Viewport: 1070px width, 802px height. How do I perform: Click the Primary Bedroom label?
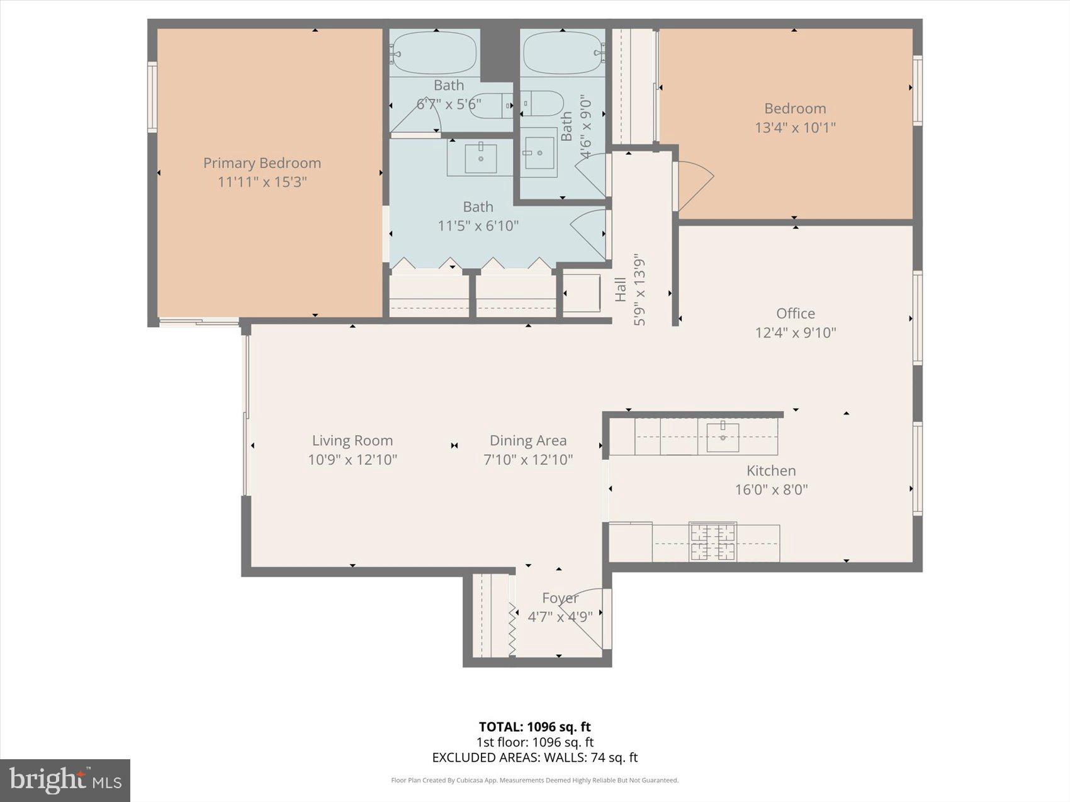coord(262,163)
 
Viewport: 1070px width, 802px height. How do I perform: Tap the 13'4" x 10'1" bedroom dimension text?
coord(795,128)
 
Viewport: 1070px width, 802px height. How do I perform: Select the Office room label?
coord(795,313)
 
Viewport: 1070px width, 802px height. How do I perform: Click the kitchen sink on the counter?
coord(722,437)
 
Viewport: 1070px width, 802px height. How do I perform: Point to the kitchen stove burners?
coord(712,542)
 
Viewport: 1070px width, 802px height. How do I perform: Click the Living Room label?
coord(352,440)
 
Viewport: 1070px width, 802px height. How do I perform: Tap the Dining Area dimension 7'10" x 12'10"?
coord(527,460)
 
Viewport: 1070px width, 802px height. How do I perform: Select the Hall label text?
coord(621,289)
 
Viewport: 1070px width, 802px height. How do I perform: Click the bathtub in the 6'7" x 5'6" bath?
coord(434,53)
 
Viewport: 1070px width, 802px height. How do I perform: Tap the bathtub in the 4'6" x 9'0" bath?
coord(562,53)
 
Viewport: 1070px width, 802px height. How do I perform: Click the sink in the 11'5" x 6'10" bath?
coord(480,158)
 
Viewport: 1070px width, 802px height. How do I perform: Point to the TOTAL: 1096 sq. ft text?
coord(534,727)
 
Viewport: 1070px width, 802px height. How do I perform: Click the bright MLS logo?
coord(65,781)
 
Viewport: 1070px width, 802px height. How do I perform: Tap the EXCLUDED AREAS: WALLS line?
coord(534,757)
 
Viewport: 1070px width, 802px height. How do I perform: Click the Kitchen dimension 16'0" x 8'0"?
coord(771,489)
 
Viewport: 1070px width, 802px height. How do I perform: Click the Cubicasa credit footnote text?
coord(534,781)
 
